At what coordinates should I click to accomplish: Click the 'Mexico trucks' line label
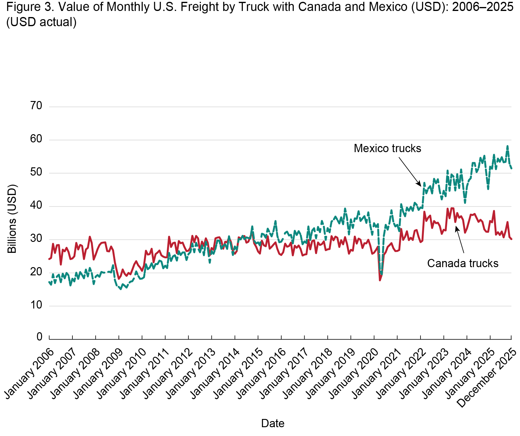coord(387,148)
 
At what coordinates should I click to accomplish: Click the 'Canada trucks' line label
coord(462,263)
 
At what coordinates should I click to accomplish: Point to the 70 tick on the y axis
coord(36,106)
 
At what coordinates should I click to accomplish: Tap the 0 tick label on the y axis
coord(39,337)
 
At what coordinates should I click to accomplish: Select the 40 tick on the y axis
coord(36,206)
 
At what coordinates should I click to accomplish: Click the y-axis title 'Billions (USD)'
coord(12,219)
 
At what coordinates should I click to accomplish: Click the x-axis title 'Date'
coord(273,423)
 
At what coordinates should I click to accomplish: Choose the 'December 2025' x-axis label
coord(487,377)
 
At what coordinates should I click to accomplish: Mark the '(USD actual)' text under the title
coord(41,22)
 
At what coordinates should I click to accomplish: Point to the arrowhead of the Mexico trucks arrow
coord(421,185)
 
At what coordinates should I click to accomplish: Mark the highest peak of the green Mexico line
coord(507,146)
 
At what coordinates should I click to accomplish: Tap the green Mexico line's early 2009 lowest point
coord(120,289)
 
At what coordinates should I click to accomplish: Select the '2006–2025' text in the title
coord(483,7)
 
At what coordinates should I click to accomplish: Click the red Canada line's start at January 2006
coord(49,259)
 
